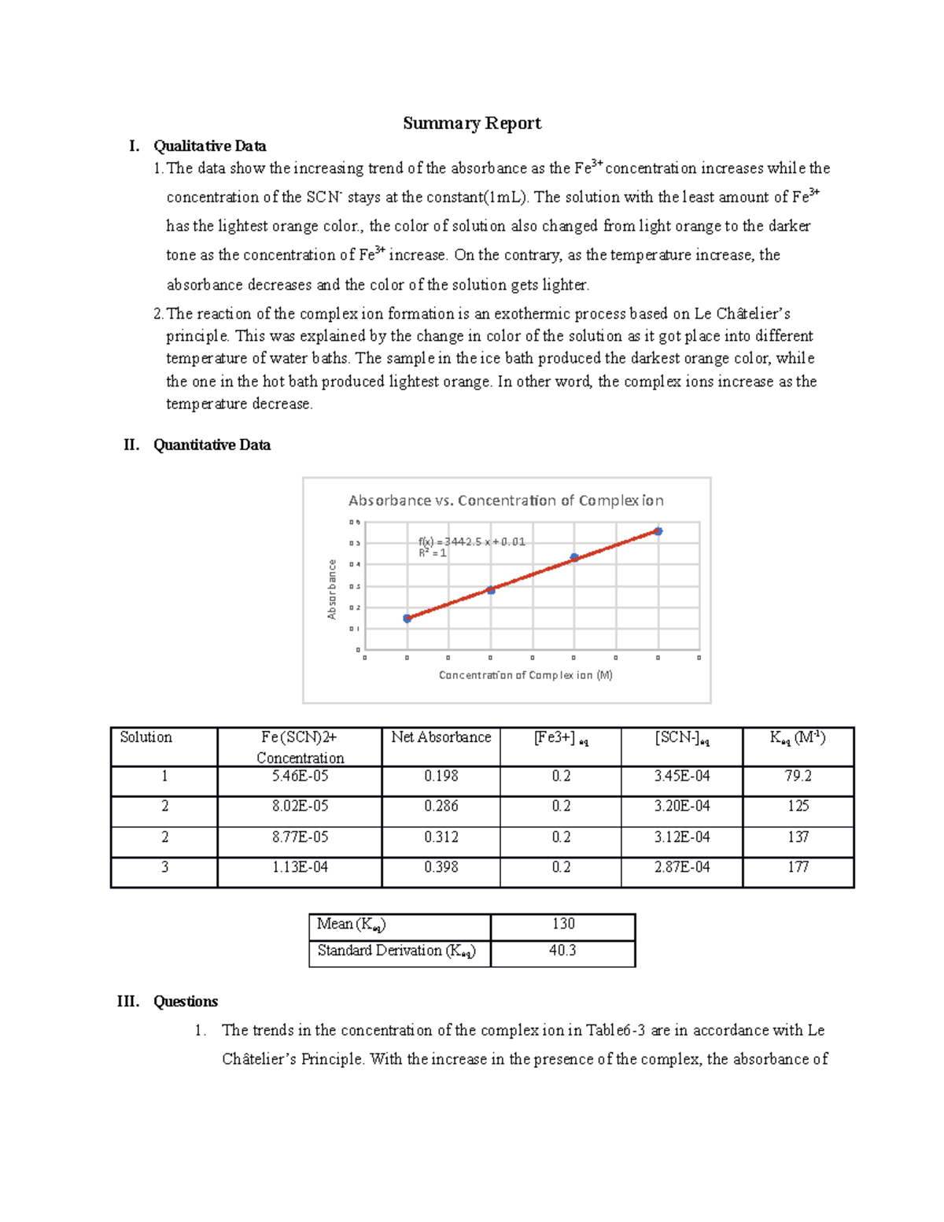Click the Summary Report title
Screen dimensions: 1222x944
(472, 123)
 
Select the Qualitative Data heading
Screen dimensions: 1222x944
(209, 146)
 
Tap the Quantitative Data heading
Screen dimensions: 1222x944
(212, 445)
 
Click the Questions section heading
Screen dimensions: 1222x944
(186, 1001)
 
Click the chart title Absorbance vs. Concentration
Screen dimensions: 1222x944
(506, 500)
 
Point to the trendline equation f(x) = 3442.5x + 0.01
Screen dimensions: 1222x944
(471, 541)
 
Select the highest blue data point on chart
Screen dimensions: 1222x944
(658, 532)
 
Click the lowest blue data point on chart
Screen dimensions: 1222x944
(407, 618)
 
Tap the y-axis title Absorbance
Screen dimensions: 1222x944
(332, 589)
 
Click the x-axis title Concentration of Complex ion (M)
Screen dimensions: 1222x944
(525, 675)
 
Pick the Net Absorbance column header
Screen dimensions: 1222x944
(441, 737)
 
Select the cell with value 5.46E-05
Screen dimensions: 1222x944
(300, 776)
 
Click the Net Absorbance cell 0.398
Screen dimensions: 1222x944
(441, 867)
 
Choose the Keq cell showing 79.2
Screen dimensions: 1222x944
(798, 776)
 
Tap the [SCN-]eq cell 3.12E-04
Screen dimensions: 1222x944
(681, 837)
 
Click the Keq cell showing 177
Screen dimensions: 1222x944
(798, 867)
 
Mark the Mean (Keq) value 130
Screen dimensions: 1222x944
(562, 924)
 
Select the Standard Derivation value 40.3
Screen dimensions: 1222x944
(562, 951)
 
